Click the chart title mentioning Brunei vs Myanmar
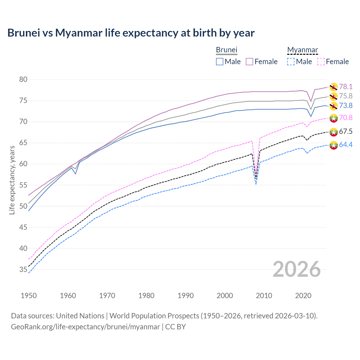point(131,33)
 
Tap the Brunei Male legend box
point(220,62)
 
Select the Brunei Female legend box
point(249,62)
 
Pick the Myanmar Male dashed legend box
point(291,62)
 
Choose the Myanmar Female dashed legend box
point(321,62)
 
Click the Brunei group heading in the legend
point(227,50)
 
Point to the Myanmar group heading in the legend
point(302,50)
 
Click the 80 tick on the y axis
point(23,80)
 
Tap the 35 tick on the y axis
point(23,270)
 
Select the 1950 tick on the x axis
point(29,296)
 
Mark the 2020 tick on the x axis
point(303,296)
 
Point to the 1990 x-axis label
point(186,296)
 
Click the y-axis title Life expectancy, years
point(12,180)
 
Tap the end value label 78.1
point(346,87)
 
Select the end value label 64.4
point(346,145)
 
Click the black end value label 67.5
point(346,132)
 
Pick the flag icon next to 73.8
point(334,106)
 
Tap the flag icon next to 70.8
point(334,118)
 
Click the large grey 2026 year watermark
point(297,269)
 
